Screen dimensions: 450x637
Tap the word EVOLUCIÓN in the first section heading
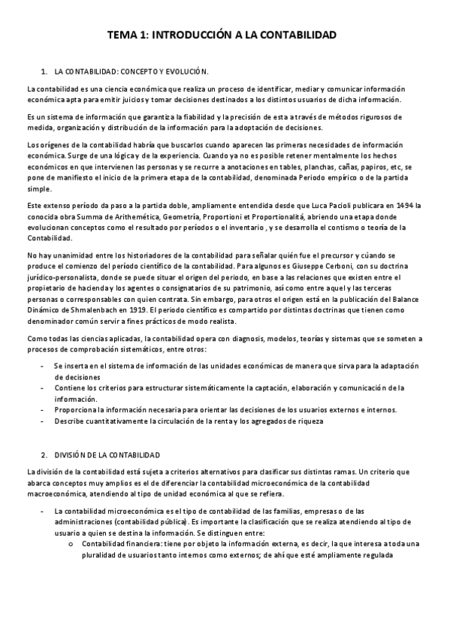[183, 72]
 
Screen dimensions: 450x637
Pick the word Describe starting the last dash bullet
[71, 421]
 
